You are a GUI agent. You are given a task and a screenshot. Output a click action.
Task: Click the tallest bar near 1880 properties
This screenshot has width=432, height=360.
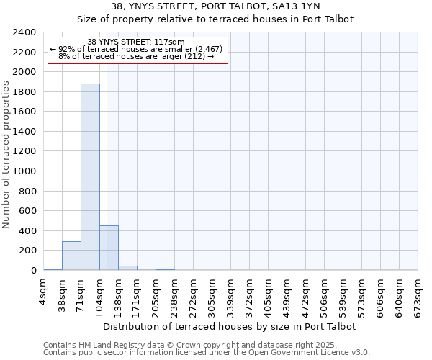[x=90, y=176]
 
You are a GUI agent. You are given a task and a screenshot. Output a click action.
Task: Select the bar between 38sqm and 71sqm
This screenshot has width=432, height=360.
[x=71, y=256]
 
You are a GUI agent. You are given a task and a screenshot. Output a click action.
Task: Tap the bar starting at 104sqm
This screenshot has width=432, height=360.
[x=109, y=248]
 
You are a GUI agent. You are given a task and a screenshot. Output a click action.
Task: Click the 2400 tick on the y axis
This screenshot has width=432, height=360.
[x=25, y=32]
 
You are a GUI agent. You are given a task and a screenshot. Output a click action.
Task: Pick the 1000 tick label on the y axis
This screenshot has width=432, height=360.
[x=25, y=171]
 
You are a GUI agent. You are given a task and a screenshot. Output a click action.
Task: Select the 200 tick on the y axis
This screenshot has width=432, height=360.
[x=28, y=251]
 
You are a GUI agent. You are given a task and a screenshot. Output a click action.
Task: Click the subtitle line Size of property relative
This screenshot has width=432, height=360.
[x=215, y=19]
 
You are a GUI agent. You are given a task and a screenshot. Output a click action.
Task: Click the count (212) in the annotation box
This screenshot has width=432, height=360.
[x=193, y=56]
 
